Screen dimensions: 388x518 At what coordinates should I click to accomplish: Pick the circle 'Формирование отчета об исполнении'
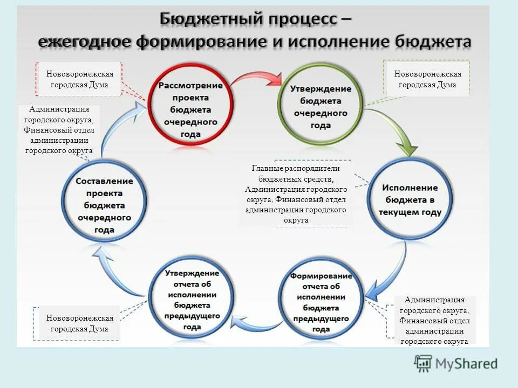321,302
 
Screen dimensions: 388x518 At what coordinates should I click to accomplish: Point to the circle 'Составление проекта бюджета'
104,205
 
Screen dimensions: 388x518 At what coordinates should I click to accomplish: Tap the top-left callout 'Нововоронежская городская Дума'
80,79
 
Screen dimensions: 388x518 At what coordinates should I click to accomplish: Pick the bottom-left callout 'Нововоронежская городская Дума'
80,323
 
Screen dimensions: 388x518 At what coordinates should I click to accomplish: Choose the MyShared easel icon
424,364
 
